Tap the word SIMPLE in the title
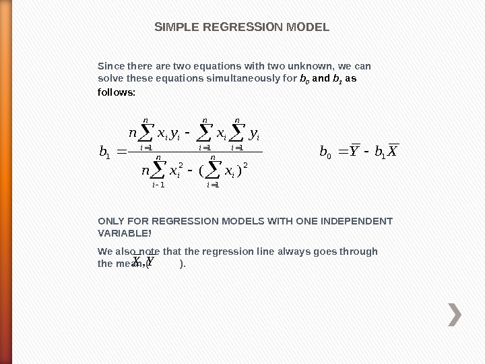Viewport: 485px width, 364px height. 172,28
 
